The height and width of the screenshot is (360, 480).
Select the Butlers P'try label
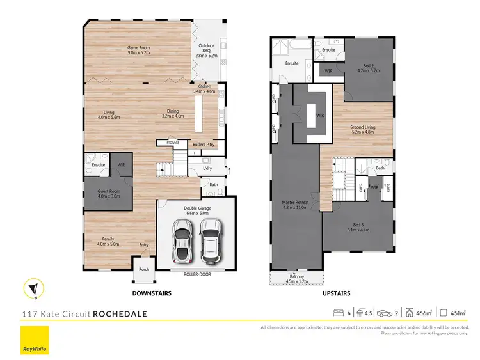pyautogui.click(x=203, y=145)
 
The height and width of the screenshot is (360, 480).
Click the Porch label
pyautogui.click(x=143, y=269)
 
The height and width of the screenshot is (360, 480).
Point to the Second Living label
pyautogui.click(x=362, y=129)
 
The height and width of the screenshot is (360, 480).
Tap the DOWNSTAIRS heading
pyautogui.click(x=151, y=293)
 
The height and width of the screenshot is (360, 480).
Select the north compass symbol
pyautogui.click(x=33, y=288)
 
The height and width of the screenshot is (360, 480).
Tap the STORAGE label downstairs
pyautogui.click(x=173, y=143)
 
